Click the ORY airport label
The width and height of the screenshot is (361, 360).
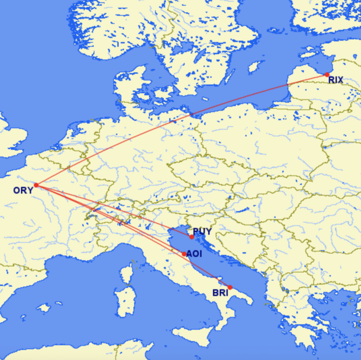click(x=23, y=190)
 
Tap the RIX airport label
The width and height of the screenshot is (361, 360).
click(x=335, y=80)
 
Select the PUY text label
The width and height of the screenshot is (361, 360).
click(x=203, y=232)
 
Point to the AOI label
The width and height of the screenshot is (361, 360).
click(x=194, y=254)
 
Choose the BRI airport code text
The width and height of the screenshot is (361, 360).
click(x=220, y=293)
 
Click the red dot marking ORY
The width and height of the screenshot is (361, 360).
click(x=36, y=185)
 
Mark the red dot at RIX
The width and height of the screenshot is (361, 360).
click(x=327, y=75)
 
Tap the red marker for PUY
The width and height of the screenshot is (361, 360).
click(x=192, y=237)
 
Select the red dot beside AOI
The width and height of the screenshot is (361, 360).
click(x=184, y=254)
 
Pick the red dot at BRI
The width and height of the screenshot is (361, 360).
click(x=230, y=287)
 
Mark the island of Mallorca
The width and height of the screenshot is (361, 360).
click(x=44, y=308)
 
